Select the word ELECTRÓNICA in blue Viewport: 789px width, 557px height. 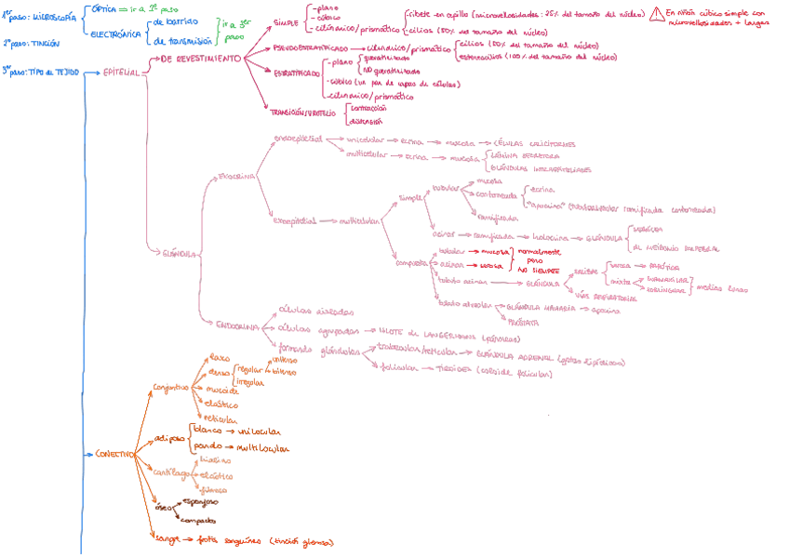(116, 34)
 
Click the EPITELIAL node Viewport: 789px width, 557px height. (121, 72)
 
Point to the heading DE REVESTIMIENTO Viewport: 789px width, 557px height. (201, 58)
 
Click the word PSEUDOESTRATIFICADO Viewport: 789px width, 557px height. (311, 47)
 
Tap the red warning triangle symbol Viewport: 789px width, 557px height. (659, 13)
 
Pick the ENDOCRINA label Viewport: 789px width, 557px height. (237, 326)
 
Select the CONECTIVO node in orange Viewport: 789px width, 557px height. (114, 454)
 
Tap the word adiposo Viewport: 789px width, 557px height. (169, 437)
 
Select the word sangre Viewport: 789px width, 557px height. (167, 538)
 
